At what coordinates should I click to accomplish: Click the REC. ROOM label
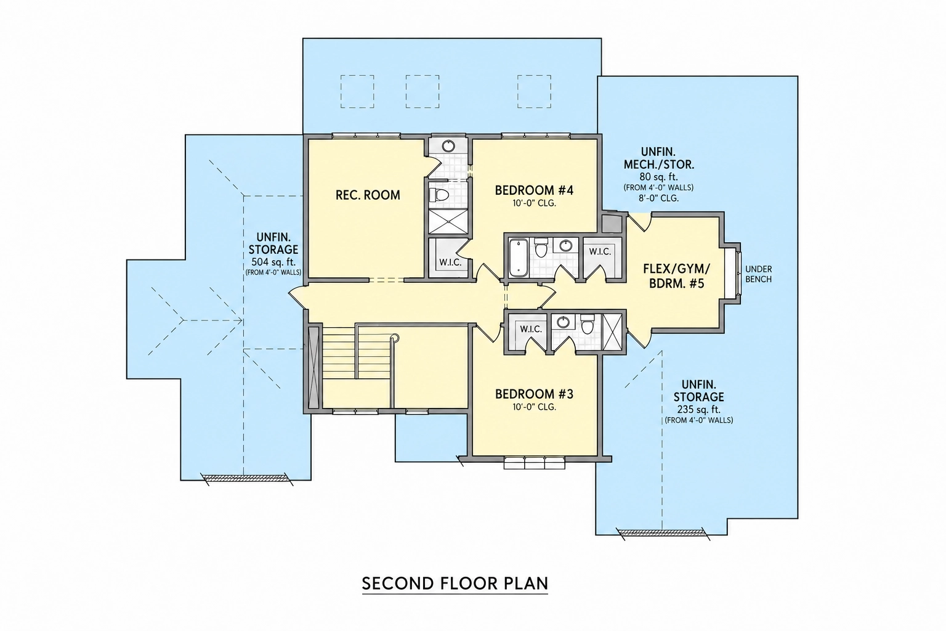pyautogui.click(x=368, y=195)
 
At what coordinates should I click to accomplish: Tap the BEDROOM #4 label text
pyautogui.click(x=534, y=190)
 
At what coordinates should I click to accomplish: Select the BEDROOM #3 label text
pyautogui.click(x=534, y=394)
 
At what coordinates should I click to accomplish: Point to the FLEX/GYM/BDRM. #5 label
pyautogui.click(x=677, y=276)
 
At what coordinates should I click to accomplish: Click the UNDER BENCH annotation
pyautogui.click(x=759, y=274)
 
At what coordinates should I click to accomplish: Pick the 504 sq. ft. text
pyautogui.click(x=273, y=262)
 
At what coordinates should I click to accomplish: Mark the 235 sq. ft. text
pyautogui.click(x=699, y=410)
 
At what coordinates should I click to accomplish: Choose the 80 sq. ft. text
pyautogui.click(x=659, y=177)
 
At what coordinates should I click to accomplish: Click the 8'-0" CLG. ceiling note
pyautogui.click(x=659, y=198)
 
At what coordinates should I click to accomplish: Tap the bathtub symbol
pyautogui.click(x=518, y=258)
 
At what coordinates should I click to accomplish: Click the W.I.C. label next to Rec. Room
pyautogui.click(x=450, y=263)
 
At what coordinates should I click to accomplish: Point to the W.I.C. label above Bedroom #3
pyautogui.click(x=531, y=329)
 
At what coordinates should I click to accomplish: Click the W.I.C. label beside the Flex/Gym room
pyautogui.click(x=600, y=252)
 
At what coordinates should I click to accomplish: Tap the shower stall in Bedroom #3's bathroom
pyautogui.click(x=612, y=332)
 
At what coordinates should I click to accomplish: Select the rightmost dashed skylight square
pyautogui.click(x=534, y=91)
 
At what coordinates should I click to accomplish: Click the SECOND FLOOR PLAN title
pyautogui.click(x=455, y=583)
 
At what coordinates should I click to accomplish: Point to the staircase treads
pyautogui.click(x=339, y=356)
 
